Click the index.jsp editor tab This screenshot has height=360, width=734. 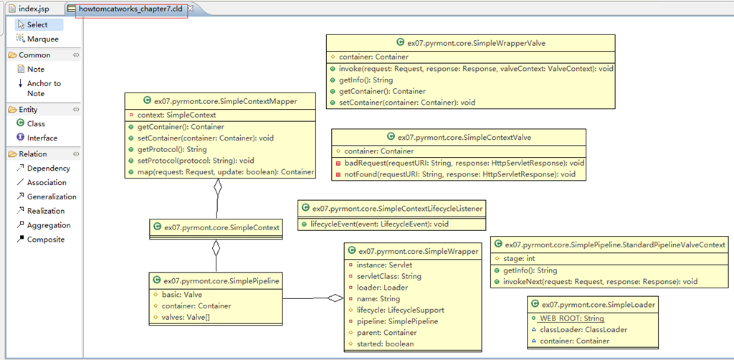(x=32, y=9)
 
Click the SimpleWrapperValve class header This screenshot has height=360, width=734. (x=470, y=42)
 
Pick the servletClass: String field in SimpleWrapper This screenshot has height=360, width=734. (x=385, y=276)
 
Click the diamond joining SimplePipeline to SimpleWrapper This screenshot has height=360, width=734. (x=335, y=298)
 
